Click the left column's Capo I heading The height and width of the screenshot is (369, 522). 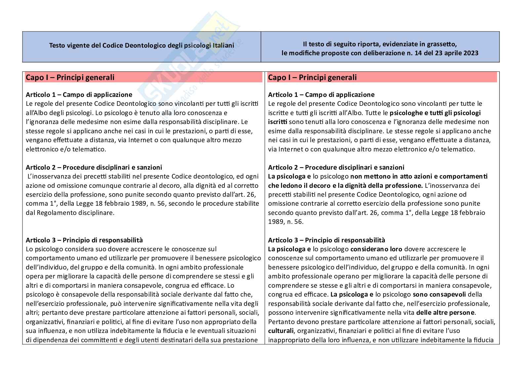tap(70, 77)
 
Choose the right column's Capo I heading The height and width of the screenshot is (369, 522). tap(312, 77)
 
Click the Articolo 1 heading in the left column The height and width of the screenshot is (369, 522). tap(79, 95)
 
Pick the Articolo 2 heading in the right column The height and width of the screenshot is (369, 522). tap(336, 167)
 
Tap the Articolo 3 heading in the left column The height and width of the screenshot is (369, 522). tap(84, 240)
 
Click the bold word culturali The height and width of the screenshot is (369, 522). tap(280, 331)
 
